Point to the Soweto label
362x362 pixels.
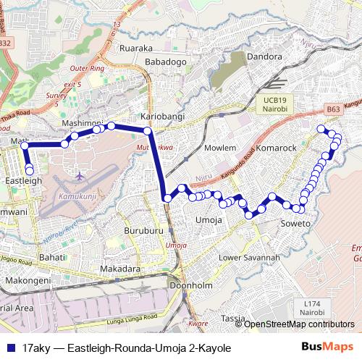[295, 224]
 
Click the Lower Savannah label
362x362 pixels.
[249, 258]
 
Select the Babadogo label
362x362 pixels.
[166, 62]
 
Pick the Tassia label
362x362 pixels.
[233, 319]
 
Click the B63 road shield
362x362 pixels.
[333, 109]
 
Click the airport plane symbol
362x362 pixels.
[79, 175]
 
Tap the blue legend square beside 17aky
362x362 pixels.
[9, 348]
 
